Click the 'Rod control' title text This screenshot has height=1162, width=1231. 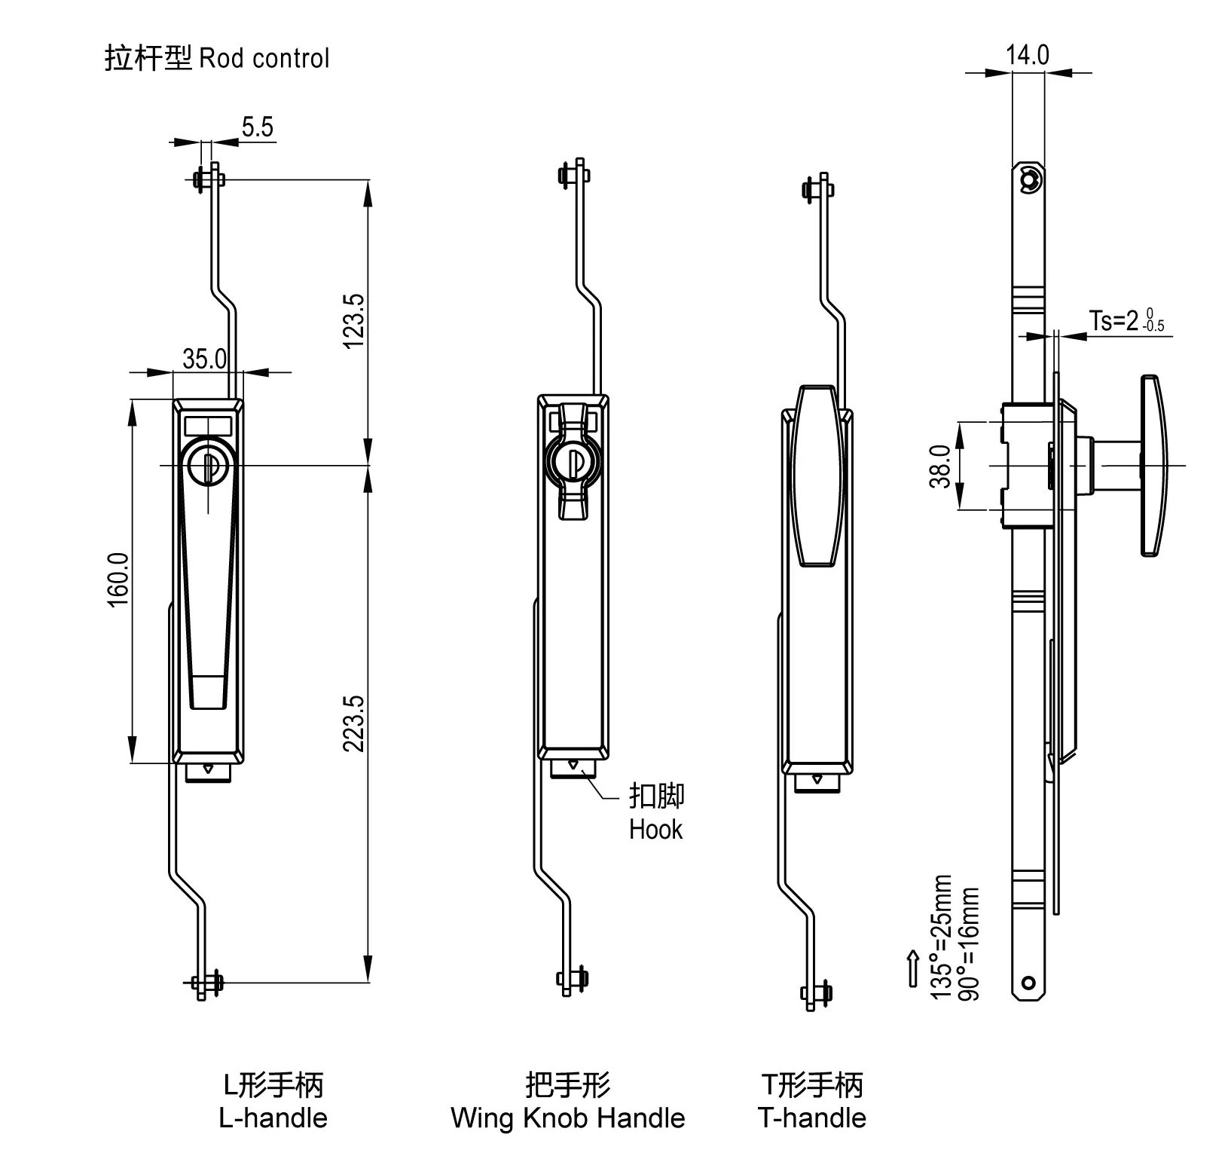(x=263, y=59)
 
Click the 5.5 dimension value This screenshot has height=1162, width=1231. (x=257, y=127)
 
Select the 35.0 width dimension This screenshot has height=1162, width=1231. (x=204, y=359)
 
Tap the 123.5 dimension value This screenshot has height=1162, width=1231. (x=354, y=320)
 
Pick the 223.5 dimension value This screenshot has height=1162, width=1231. (x=354, y=723)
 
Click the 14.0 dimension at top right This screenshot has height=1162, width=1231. (x=1027, y=55)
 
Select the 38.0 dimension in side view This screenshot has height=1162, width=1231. (x=940, y=466)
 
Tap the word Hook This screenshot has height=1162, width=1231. (x=655, y=830)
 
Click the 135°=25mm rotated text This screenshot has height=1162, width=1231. (x=942, y=937)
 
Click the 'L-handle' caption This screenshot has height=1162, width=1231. (x=273, y=1118)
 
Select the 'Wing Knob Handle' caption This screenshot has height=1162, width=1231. (x=567, y=1118)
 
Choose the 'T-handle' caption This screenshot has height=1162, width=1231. (x=811, y=1118)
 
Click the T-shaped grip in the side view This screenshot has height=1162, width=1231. (x=1152, y=466)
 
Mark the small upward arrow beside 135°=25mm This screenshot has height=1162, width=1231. (x=913, y=968)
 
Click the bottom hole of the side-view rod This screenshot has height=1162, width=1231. (x=1028, y=983)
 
